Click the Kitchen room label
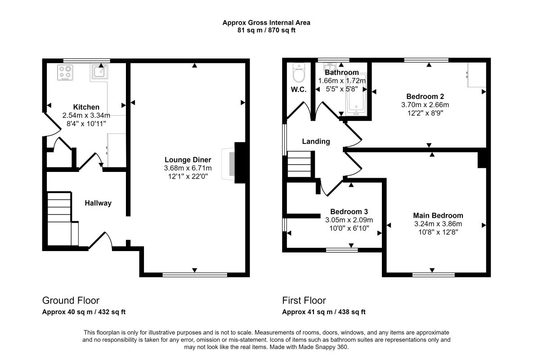[x=86, y=107]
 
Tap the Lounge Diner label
[x=188, y=160]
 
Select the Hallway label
[x=98, y=203]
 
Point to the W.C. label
[x=299, y=90]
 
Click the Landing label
[x=316, y=141]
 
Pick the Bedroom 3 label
[x=349, y=211]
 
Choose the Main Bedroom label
[x=438, y=216]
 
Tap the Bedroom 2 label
[x=425, y=97]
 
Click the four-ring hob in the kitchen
[x=65, y=72]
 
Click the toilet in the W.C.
[x=299, y=73]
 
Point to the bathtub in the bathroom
[x=356, y=93]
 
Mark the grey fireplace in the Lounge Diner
[x=232, y=163]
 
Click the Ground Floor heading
[x=71, y=301]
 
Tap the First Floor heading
[x=304, y=301]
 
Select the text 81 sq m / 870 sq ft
[x=266, y=30]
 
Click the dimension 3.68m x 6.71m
[x=188, y=168]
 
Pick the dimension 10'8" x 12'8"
[x=438, y=232]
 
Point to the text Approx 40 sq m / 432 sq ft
[x=84, y=312]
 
